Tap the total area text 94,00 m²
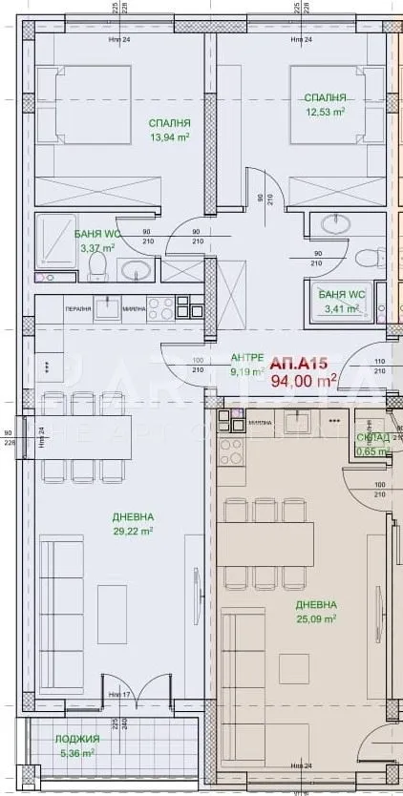(x=305, y=381)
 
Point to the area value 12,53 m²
(x=324, y=112)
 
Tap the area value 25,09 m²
(x=316, y=618)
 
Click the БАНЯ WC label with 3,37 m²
(x=98, y=233)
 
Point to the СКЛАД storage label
(x=371, y=438)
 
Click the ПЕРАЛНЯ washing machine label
(x=78, y=308)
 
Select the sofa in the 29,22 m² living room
(x=66, y=591)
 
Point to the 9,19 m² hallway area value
(x=247, y=371)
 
